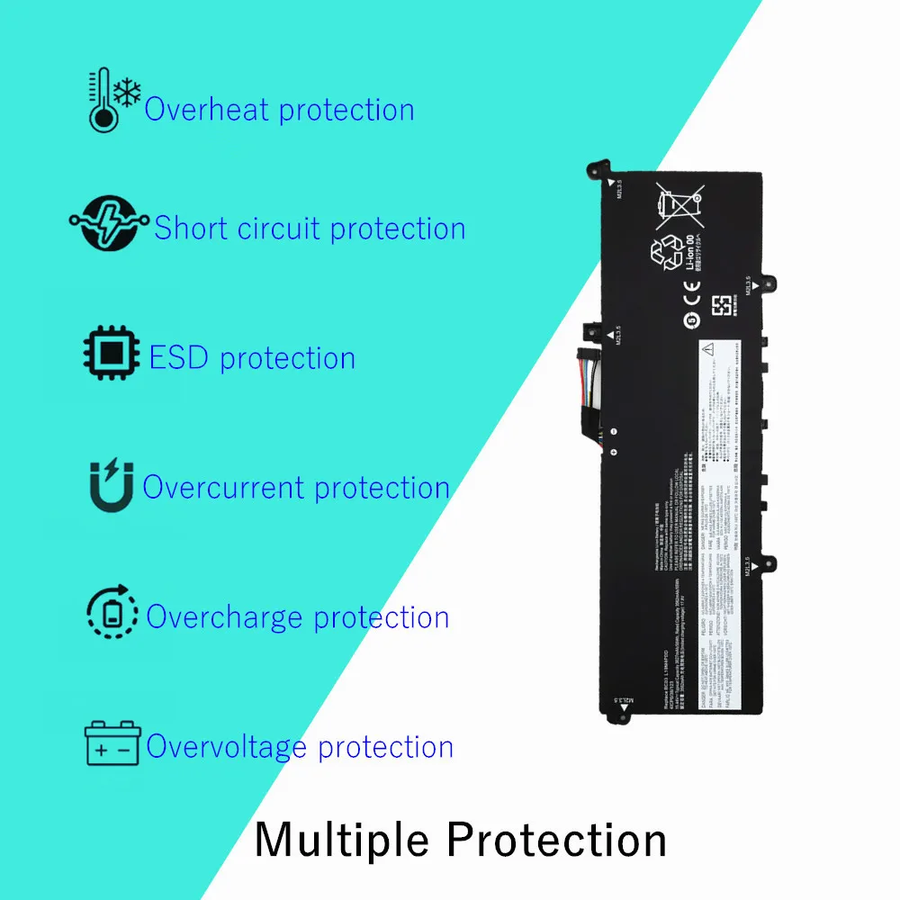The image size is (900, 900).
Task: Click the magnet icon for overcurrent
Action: [111, 485]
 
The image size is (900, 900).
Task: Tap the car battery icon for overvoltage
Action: [112, 744]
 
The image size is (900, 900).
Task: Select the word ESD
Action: [179, 358]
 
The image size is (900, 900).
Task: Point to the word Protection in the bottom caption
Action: [556, 841]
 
